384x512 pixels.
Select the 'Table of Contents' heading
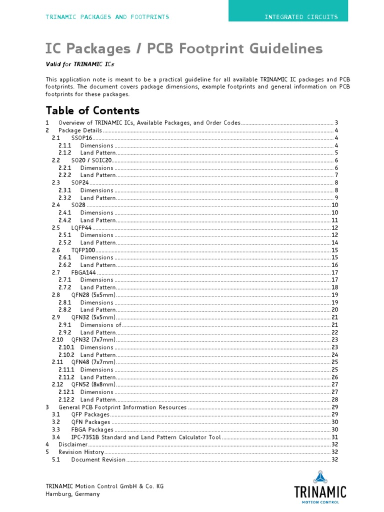(x=92, y=110)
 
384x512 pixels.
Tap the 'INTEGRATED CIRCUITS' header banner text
(x=301, y=17)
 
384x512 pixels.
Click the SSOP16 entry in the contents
(x=81, y=138)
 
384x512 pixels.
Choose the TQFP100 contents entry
(x=83, y=250)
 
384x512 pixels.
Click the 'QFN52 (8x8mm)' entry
(x=93, y=384)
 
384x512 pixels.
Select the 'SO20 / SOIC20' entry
(x=92, y=160)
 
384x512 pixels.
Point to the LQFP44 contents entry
(x=81, y=227)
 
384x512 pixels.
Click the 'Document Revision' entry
(x=98, y=459)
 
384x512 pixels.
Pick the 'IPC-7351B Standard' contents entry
(x=145, y=437)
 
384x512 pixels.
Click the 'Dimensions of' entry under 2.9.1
(x=100, y=325)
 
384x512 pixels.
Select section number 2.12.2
(x=66, y=399)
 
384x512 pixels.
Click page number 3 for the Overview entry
(x=337, y=123)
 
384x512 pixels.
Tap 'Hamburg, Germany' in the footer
(x=72, y=494)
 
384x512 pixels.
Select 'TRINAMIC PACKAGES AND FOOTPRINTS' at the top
(x=107, y=17)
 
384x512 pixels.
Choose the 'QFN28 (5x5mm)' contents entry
(x=93, y=295)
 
